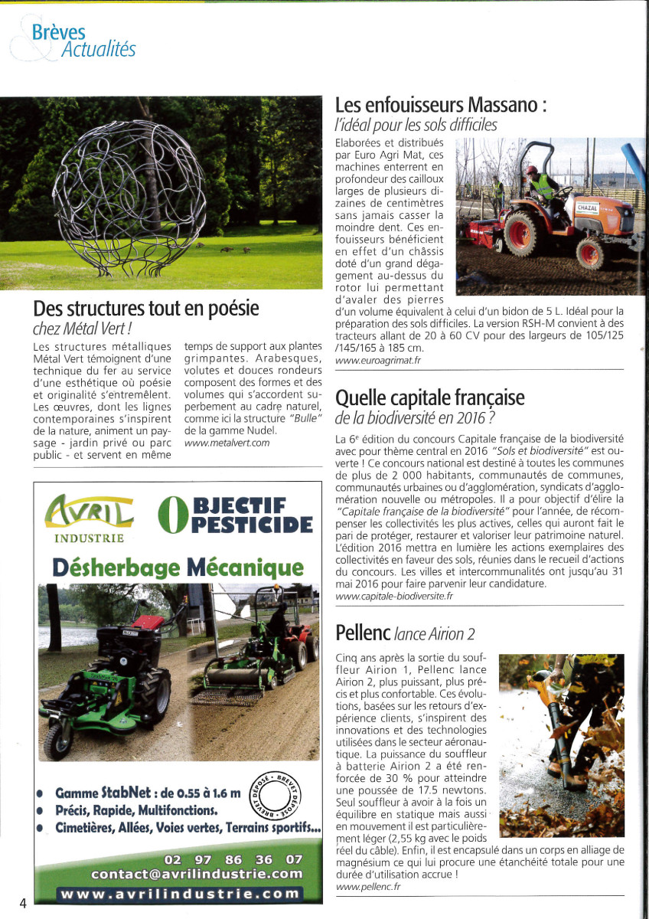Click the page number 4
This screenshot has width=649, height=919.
[23, 902]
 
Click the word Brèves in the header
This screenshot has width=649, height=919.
[59, 33]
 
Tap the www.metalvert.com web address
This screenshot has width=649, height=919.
[227, 443]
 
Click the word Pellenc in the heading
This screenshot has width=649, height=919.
[363, 632]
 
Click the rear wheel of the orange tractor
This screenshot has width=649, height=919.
[520, 233]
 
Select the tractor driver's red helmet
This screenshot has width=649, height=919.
[531, 170]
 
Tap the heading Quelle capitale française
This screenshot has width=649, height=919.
[430, 397]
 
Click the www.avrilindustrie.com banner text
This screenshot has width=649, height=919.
[181, 894]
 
